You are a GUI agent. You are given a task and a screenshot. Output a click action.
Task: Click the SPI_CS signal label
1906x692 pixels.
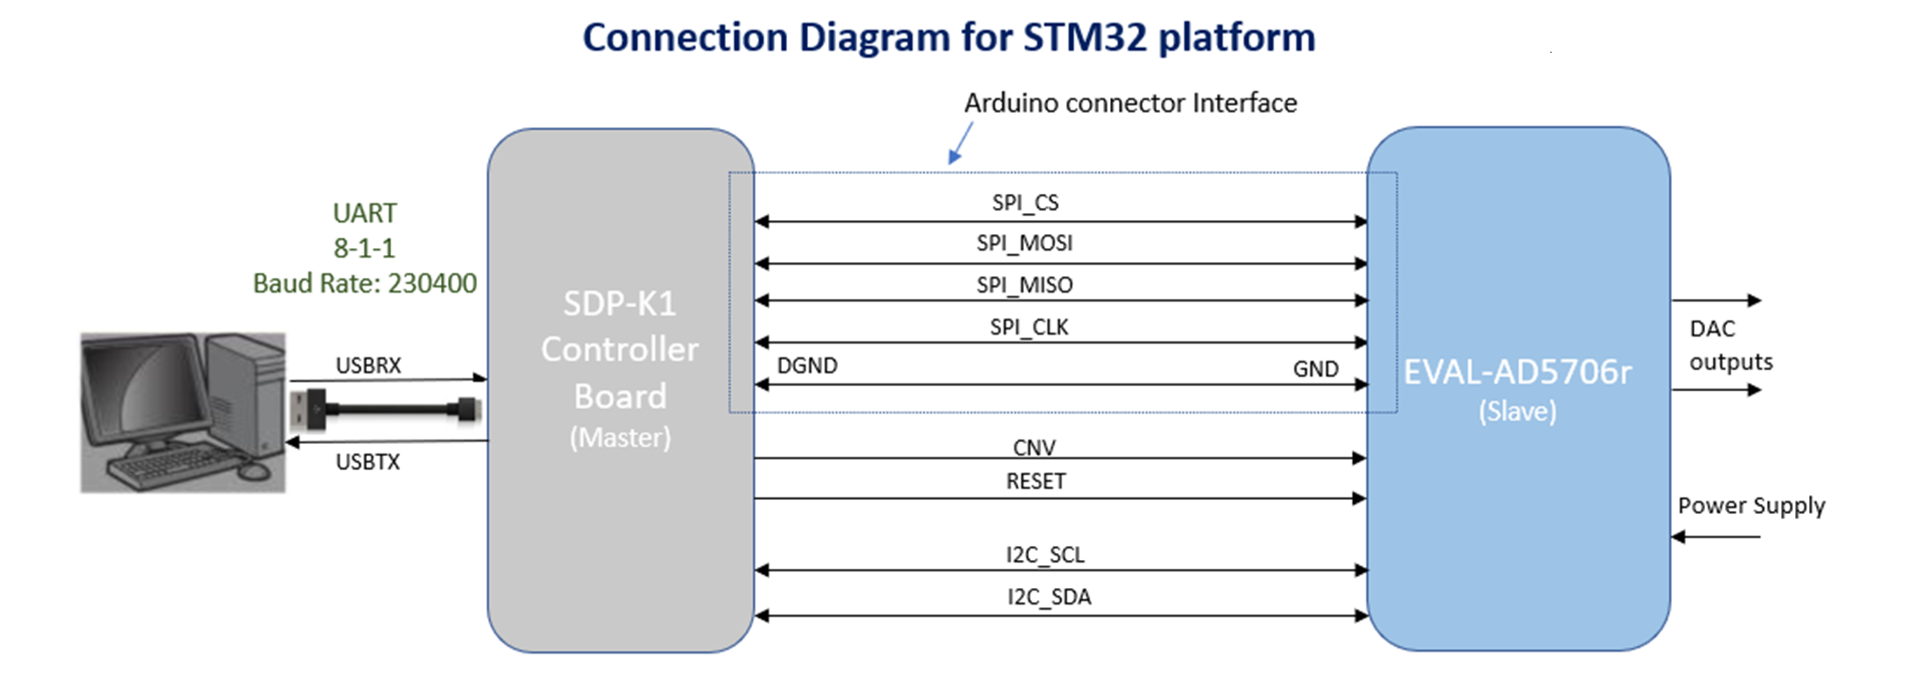[1025, 202]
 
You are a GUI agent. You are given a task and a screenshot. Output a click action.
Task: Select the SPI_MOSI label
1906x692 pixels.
[1024, 243]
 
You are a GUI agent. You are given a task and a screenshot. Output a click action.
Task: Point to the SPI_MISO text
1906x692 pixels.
[1024, 285]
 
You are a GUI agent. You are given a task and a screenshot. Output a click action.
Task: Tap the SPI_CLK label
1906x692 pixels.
[1029, 327]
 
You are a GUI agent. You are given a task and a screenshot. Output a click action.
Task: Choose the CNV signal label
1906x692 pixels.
[1034, 447]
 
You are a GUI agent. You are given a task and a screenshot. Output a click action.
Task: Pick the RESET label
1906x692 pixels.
[1035, 482]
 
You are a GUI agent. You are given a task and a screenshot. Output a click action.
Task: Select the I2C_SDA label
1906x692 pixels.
[1048, 597]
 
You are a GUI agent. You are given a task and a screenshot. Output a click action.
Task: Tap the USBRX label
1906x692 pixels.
[368, 365]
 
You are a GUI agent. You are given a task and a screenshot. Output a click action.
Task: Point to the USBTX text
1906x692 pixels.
[367, 462]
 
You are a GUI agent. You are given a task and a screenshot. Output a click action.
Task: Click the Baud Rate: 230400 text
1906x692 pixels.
[365, 283]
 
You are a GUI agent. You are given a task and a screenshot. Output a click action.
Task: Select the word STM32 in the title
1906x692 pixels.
[1085, 37]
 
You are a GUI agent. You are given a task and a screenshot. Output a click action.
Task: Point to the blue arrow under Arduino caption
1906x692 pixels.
[959, 144]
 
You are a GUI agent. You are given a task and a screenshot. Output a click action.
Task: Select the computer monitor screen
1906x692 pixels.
[144, 392]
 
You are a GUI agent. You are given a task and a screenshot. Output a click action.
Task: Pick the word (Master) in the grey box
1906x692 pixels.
[620, 437]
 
